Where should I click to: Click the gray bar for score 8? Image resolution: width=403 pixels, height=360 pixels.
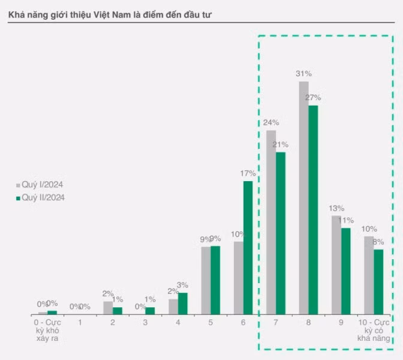coord(303,198)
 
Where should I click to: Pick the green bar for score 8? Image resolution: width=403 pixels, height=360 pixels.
coord(313,210)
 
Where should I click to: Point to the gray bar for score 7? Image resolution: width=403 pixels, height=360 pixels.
coord(271,222)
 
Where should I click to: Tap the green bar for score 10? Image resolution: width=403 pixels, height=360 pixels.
coord(378,282)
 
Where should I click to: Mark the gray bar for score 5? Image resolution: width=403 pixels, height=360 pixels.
coord(206,281)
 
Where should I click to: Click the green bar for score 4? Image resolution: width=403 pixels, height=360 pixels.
coord(183,304)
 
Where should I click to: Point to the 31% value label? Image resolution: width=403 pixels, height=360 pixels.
coord(303,74)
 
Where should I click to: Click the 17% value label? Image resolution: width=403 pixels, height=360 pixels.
coord(248,173)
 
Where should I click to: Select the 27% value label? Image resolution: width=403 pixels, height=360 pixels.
coord(313,98)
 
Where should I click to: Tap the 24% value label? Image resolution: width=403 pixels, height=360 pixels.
coord(271,122)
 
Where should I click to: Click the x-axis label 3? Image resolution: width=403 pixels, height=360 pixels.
coord(145,322)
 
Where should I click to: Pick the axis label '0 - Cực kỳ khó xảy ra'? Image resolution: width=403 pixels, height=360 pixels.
coord(48,331)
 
